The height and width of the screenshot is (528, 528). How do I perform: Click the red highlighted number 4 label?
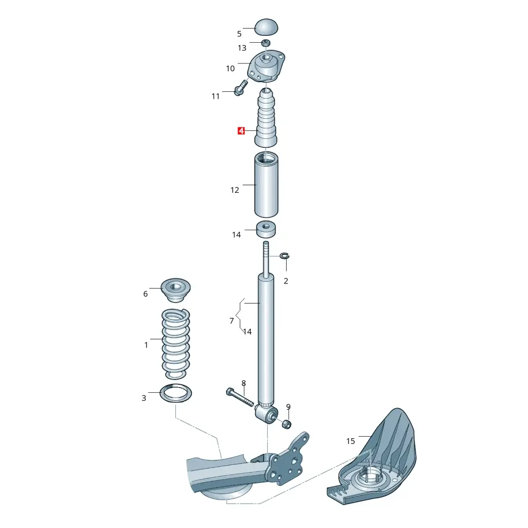(241, 130)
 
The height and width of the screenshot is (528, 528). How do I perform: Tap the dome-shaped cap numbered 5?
(266, 27)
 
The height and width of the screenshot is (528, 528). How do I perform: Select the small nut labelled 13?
(266, 43)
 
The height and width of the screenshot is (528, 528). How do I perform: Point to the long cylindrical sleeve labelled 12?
(266, 184)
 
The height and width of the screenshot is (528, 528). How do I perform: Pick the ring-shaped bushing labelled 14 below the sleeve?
(266, 229)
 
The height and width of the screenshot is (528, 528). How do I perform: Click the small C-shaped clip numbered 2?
(285, 256)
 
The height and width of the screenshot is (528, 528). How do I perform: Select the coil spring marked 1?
(176, 344)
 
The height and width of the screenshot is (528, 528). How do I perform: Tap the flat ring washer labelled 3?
(175, 393)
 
